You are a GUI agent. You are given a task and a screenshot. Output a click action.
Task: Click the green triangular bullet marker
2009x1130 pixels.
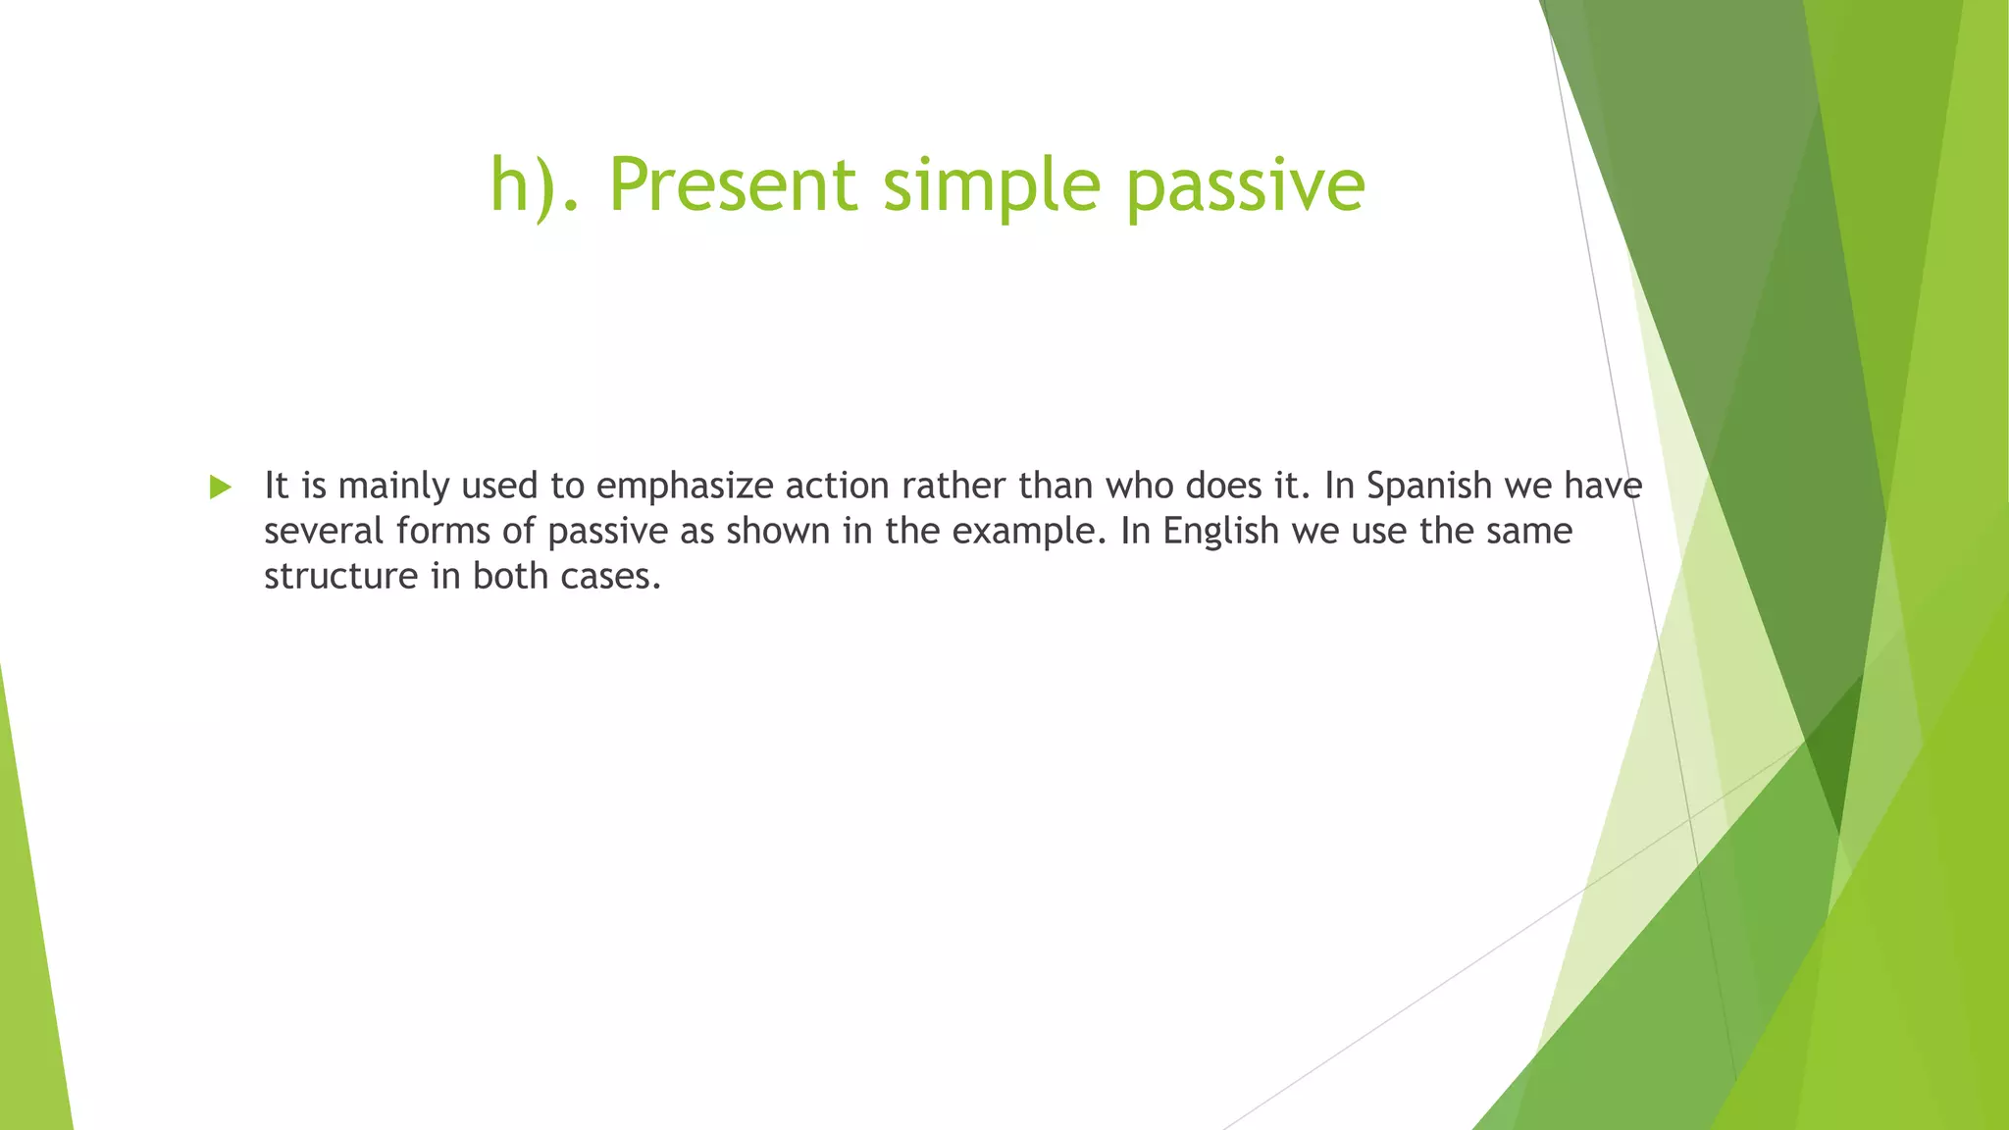click(x=221, y=487)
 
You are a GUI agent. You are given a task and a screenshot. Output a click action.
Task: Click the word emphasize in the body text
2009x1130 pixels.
click(x=685, y=486)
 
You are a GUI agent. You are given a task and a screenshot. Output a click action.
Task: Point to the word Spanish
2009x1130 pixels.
click(x=1428, y=486)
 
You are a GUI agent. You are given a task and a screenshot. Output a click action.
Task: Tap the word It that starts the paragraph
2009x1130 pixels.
click(x=276, y=486)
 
